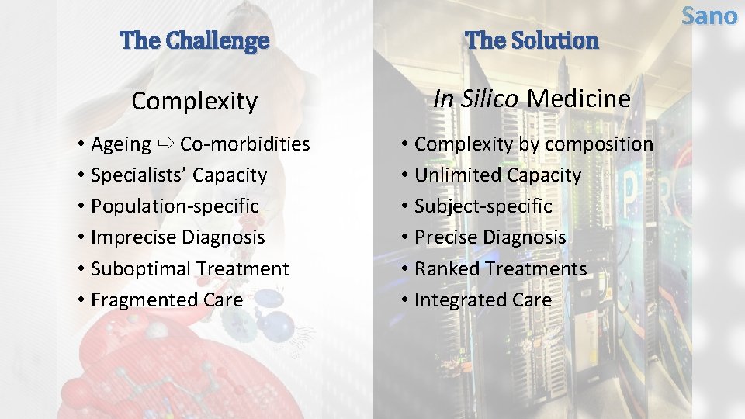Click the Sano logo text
[x=709, y=16]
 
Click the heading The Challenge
[x=195, y=40]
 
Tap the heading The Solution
[x=532, y=40]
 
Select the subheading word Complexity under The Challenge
[x=194, y=101]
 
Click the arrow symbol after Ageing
[x=165, y=144]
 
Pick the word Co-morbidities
[x=245, y=144]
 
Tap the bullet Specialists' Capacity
[x=178, y=175]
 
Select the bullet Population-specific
[x=175, y=206]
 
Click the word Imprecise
[x=133, y=237]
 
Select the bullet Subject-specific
[x=483, y=206]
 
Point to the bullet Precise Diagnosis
[x=490, y=237]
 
